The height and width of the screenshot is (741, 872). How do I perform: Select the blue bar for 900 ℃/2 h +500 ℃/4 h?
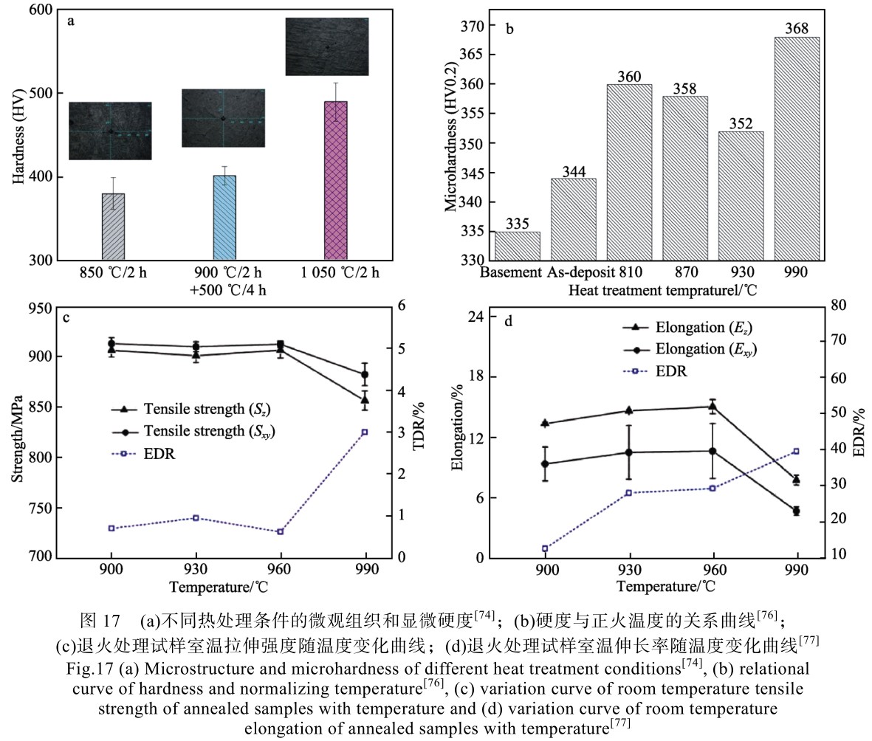(x=223, y=218)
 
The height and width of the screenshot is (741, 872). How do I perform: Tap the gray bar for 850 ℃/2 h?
(x=113, y=227)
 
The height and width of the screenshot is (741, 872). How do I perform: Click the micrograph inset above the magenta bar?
(x=327, y=46)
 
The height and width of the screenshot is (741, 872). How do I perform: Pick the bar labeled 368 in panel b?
(x=796, y=148)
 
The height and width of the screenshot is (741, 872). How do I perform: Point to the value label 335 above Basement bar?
(x=517, y=224)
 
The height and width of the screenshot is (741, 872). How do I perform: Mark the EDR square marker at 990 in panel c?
(x=365, y=432)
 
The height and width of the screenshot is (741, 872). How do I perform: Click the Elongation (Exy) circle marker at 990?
(x=797, y=511)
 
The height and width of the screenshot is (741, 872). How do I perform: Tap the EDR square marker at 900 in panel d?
(x=545, y=548)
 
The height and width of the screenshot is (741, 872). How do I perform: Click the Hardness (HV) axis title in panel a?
(x=17, y=135)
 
